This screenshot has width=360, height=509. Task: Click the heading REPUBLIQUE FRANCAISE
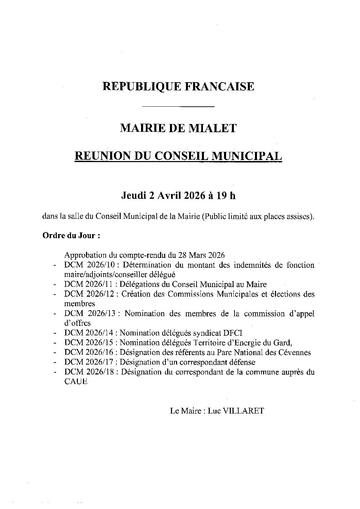point(178,86)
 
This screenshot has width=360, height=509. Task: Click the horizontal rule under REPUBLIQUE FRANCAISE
point(178,107)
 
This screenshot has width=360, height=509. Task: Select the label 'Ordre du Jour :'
point(71,235)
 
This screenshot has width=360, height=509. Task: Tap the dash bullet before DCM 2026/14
point(55,333)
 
